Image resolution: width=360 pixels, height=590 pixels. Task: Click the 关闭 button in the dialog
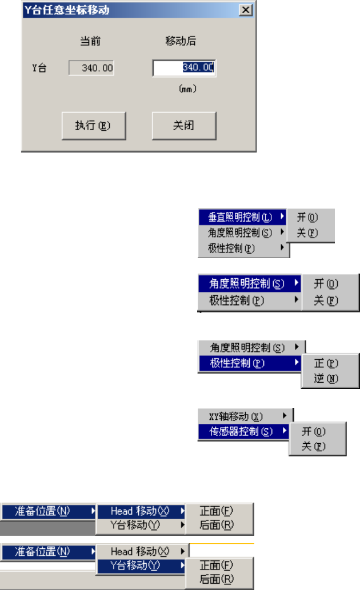pos(183,126)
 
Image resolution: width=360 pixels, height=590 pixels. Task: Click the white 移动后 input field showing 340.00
pos(183,67)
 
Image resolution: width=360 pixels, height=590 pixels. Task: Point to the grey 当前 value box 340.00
pos(91,69)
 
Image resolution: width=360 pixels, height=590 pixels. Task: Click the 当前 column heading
pos(91,41)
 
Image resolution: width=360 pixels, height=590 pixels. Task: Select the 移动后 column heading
pos(181,41)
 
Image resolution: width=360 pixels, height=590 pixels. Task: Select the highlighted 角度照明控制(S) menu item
pos(247,283)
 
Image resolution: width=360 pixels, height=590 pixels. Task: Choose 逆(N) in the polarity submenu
pos(326,378)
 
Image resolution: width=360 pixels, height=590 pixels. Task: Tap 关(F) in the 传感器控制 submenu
pos(314,446)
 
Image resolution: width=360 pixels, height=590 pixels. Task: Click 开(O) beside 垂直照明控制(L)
pos(307,217)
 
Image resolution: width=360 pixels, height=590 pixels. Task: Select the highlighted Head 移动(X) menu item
pos(140,511)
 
